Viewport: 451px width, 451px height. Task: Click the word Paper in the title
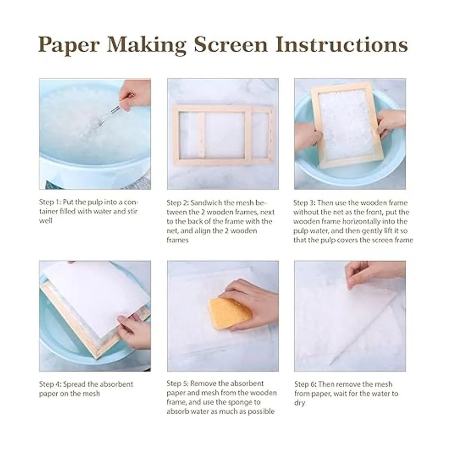[x=69, y=45]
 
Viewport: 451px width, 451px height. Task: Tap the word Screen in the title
[x=230, y=44]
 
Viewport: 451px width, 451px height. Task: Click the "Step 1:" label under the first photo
[x=50, y=202]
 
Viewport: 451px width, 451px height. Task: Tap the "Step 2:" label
[x=177, y=203]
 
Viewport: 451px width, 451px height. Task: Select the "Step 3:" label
[x=304, y=203]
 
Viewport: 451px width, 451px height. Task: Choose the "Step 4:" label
[x=50, y=384]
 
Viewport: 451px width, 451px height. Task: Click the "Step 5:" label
[x=178, y=384]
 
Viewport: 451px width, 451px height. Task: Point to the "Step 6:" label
[x=305, y=384]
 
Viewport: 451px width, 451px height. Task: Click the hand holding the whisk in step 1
[x=135, y=94]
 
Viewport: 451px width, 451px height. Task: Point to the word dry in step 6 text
[x=300, y=403]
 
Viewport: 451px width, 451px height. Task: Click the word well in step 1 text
[x=45, y=221]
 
